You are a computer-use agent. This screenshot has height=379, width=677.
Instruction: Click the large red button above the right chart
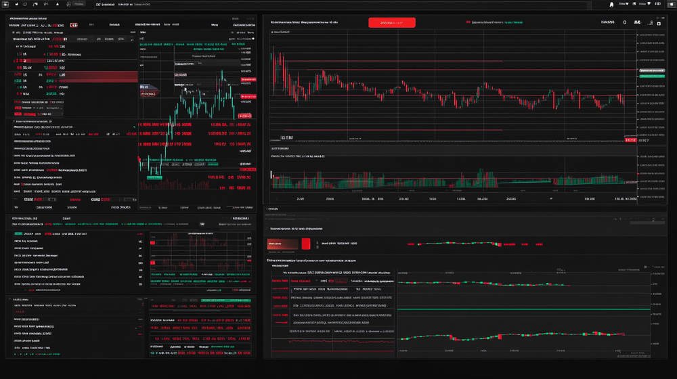(x=391, y=22)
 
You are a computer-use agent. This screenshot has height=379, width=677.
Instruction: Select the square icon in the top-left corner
(x=5, y=4)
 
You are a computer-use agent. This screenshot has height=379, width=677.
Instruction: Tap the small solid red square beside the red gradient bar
(x=305, y=244)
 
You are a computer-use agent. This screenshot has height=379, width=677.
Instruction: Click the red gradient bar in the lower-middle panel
(x=283, y=244)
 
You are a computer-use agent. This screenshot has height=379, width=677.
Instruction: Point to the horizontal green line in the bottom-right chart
(x=521, y=309)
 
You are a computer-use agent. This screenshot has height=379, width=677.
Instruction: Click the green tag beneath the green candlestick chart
(x=154, y=178)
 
